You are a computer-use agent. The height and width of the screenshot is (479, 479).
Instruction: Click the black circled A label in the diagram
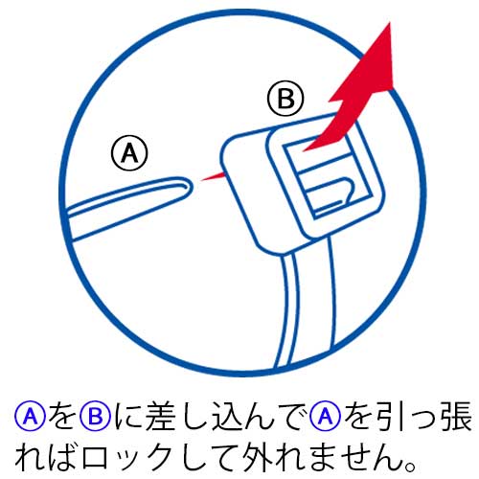click(129, 150)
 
